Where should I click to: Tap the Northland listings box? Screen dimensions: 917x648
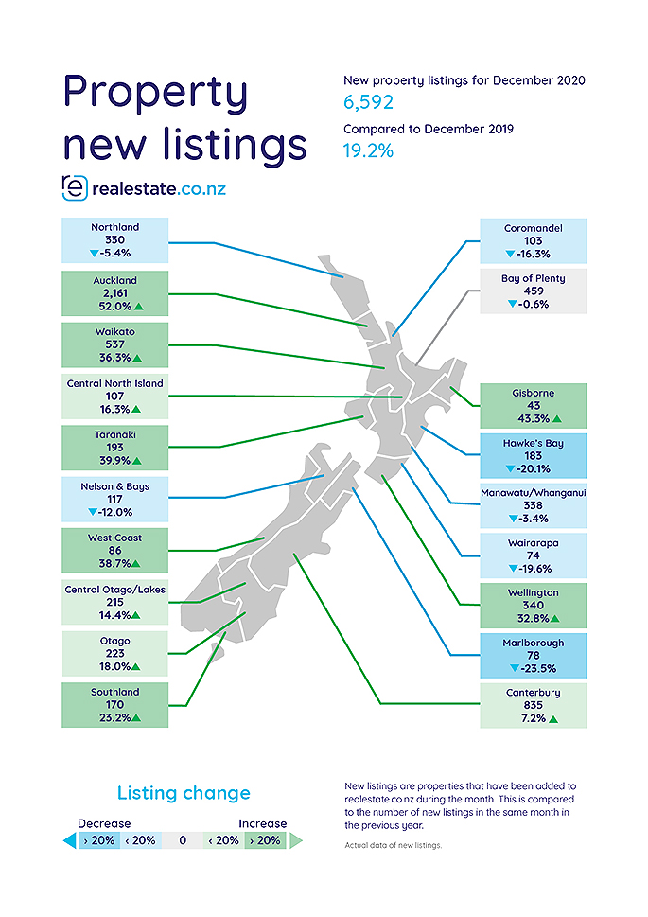tap(114, 241)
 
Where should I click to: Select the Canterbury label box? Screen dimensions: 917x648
tap(533, 706)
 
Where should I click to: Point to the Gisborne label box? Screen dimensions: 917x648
tap(533, 405)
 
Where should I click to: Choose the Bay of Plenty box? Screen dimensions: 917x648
tap(533, 291)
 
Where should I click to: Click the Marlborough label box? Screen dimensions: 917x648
tap(533, 656)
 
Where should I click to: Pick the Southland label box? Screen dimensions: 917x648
tap(114, 706)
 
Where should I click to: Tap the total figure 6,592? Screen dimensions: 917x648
tap(369, 102)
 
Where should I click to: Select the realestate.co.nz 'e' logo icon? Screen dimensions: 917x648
tap(74, 187)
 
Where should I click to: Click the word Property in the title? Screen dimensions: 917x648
tap(156, 92)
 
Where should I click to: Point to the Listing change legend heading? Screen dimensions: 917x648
tap(184, 793)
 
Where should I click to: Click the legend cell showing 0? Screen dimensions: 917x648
tap(184, 840)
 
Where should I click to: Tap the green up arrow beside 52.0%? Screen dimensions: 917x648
tap(137, 308)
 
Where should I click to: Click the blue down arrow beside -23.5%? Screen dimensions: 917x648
tap(512, 668)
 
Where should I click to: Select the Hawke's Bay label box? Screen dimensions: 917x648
tap(533, 455)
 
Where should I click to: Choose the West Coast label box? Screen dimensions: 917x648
tap(114, 551)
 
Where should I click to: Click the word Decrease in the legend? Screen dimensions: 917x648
tap(104, 823)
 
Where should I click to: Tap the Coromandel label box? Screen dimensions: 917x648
tap(533, 241)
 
